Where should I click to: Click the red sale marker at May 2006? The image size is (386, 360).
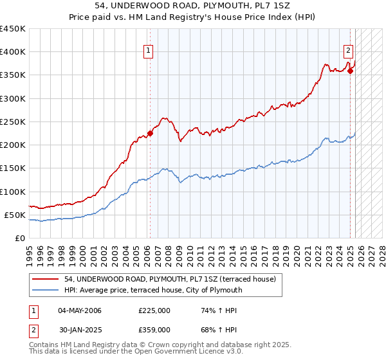(x=150, y=134)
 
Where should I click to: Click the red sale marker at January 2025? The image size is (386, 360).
(x=350, y=71)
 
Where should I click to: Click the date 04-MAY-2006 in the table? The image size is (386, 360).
(x=80, y=310)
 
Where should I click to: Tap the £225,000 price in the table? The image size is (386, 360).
(x=154, y=310)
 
